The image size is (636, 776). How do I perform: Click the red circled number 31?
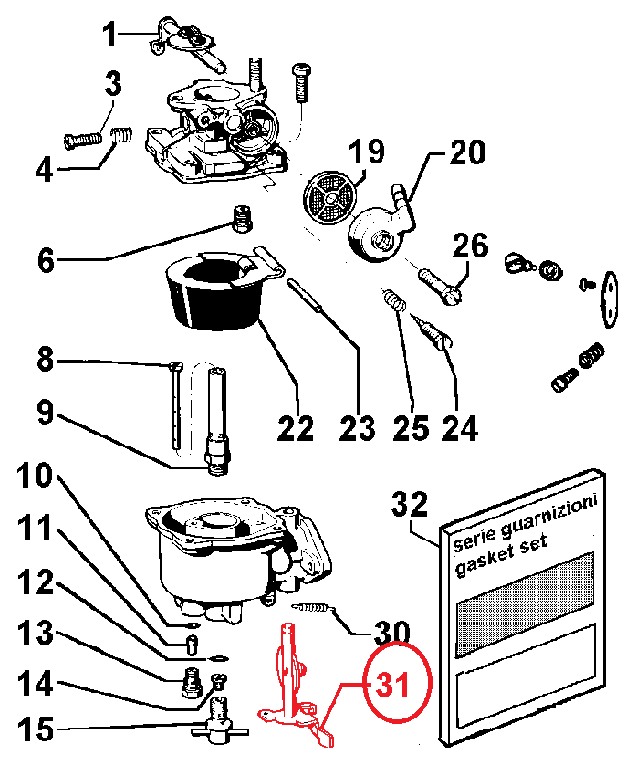click(392, 686)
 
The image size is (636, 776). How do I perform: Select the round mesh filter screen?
click(329, 197)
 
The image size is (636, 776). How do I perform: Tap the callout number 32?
click(410, 504)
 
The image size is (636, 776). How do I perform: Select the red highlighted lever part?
click(296, 686)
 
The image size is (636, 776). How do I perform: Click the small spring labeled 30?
click(313, 607)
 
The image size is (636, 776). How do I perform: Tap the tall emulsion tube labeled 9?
click(217, 421)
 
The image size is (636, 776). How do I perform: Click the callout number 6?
click(46, 261)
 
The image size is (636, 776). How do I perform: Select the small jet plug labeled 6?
click(243, 219)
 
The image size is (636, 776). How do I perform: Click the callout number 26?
click(470, 246)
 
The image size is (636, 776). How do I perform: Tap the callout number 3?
click(113, 84)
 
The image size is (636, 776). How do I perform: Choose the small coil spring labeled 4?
click(120, 136)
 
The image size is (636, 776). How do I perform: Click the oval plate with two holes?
click(610, 299)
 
